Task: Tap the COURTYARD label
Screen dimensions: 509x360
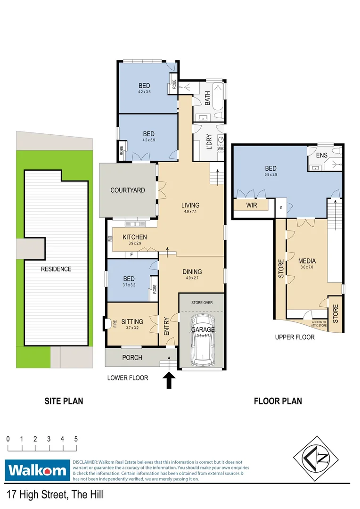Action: (128, 190)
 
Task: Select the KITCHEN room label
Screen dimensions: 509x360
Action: (134, 237)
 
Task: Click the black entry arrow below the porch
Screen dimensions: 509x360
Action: (168, 380)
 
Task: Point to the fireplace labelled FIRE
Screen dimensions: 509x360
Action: (108, 324)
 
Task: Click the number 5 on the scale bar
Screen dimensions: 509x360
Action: (76, 439)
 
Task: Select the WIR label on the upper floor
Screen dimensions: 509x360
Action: (252, 205)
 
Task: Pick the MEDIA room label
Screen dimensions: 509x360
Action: (307, 261)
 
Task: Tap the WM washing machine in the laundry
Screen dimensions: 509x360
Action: (221, 148)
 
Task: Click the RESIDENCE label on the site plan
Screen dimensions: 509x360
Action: (56, 269)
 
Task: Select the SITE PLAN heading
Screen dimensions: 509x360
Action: (64, 401)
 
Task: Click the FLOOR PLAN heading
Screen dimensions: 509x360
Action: (278, 401)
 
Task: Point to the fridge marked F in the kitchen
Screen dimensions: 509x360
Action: (131, 254)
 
